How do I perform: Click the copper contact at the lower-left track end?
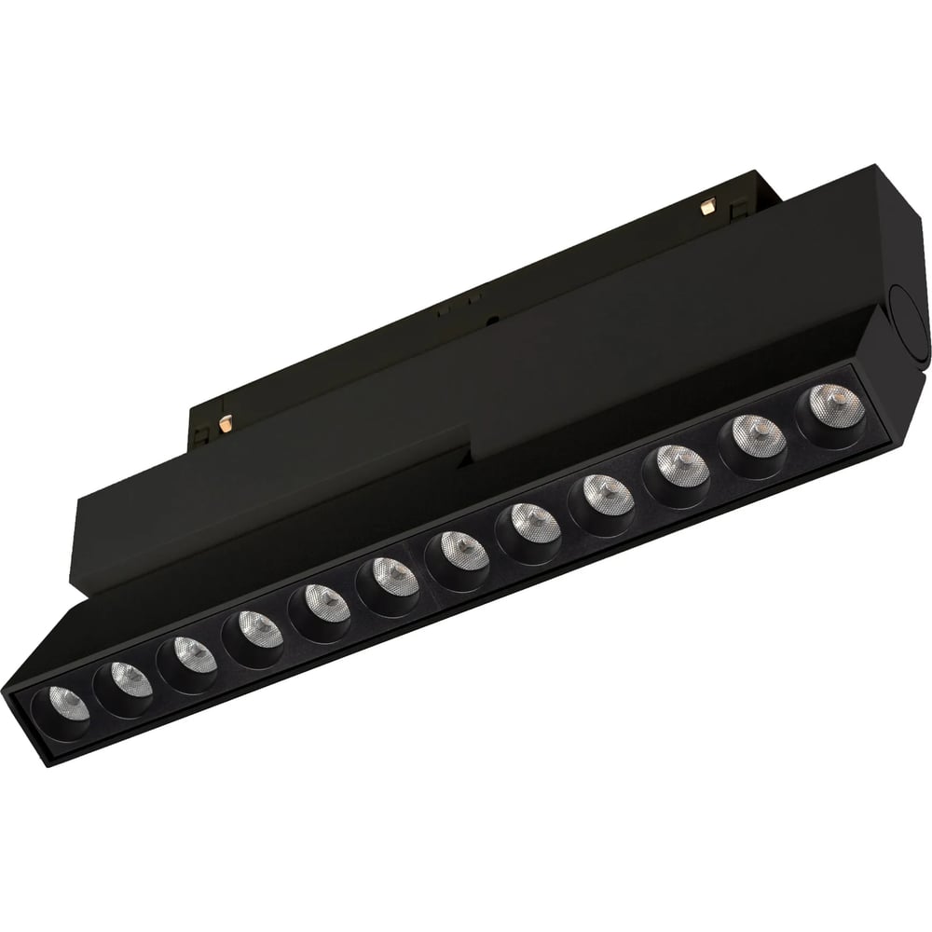(224, 423)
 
